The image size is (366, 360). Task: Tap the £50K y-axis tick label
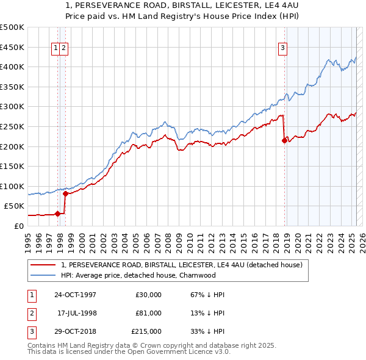pos(15,206)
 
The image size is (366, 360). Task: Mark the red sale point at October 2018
pos(284,140)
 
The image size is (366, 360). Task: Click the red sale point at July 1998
pos(66,193)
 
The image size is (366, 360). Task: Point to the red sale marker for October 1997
pos(58,214)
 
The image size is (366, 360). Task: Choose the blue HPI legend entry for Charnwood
pos(138,275)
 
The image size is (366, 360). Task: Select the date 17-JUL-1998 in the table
pos(77,312)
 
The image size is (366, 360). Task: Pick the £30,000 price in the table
pos(148,295)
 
